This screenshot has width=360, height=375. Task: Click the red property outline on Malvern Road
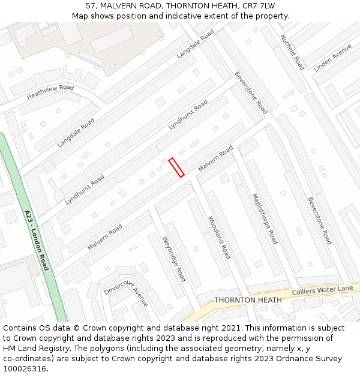[176, 167]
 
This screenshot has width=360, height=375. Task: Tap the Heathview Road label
[50, 92]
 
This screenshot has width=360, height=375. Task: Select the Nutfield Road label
[293, 52]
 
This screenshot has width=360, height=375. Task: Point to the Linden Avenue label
[333, 58]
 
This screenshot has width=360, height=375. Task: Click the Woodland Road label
[219, 238]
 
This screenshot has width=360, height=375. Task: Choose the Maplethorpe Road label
[265, 218]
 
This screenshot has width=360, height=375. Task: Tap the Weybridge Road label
[174, 259]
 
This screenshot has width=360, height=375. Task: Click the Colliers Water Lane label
[323, 290]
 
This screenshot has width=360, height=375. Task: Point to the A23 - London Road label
[37, 239]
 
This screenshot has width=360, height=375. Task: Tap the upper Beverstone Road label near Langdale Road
[251, 92]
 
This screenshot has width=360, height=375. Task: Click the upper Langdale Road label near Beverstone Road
[195, 44]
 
